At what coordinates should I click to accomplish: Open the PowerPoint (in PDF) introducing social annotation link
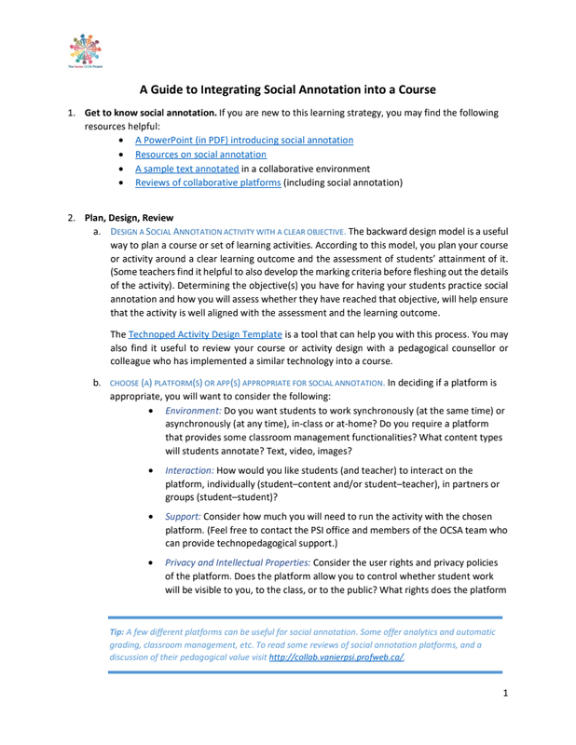[243, 140]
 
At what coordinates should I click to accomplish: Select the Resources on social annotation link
[200, 155]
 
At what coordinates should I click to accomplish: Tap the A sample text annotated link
[186, 169]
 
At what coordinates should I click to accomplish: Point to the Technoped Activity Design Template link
[204, 333]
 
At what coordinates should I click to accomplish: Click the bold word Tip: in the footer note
[118, 631]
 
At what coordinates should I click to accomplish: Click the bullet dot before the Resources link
[124, 155]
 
